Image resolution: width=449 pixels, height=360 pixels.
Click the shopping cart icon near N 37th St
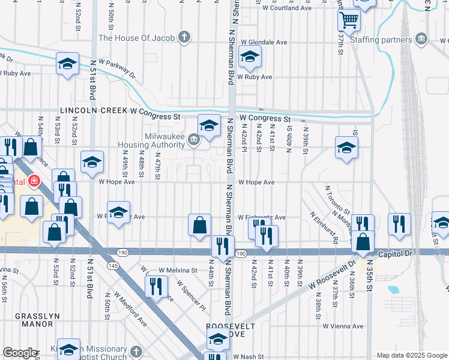pyautogui.click(x=348, y=20)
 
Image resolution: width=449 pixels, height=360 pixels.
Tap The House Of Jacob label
pyautogui.click(x=137, y=38)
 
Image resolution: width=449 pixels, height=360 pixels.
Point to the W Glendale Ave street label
pyautogui.click(x=265, y=43)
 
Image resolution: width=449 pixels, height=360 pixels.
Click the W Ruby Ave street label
pyautogui.click(x=255, y=77)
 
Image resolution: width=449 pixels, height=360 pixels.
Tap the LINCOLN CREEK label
pyautogui.click(x=93, y=110)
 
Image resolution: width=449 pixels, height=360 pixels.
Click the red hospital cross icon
pyautogui.click(x=34, y=181)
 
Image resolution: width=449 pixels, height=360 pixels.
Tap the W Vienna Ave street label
pyautogui.click(x=343, y=326)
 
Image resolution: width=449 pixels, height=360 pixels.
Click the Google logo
pyautogui.click(x=20, y=353)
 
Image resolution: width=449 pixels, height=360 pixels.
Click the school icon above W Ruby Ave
pyautogui.click(x=250, y=58)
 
